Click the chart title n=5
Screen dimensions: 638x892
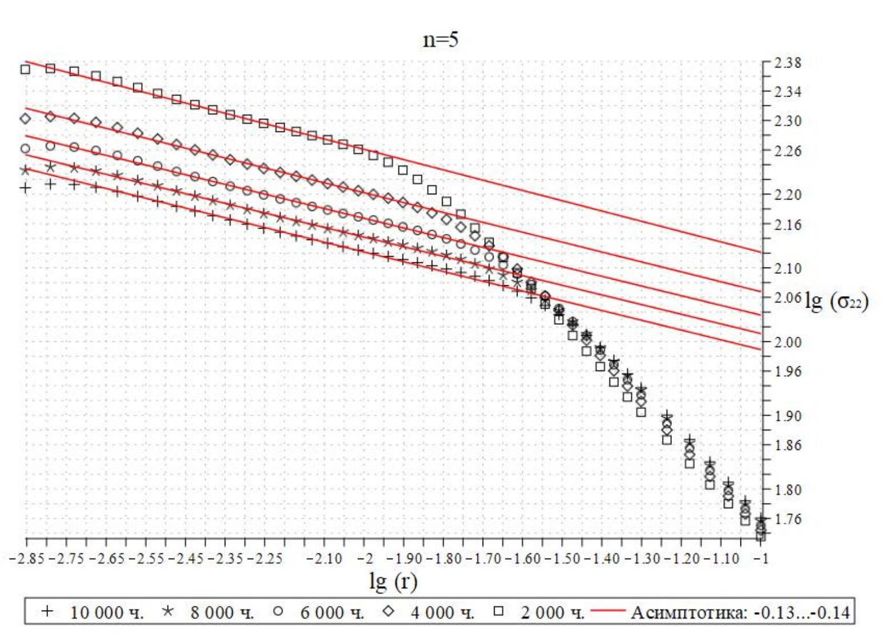coord(440,40)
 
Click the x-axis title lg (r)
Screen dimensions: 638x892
coord(393,581)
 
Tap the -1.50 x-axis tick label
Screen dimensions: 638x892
coord(566,559)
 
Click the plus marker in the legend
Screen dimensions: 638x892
coord(47,612)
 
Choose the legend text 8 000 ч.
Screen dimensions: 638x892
coord(221,613)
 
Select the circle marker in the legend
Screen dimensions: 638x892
coord(278,612)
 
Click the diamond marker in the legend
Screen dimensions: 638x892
coord(389,612)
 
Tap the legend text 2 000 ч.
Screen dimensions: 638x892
coord(552,613)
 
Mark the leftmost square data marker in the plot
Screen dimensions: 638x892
coord(25,69)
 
